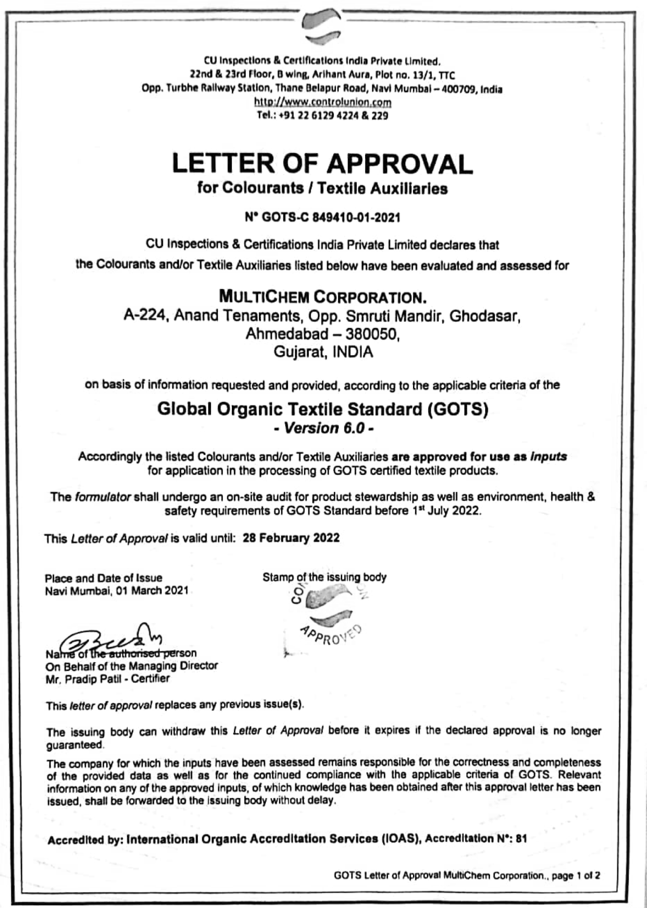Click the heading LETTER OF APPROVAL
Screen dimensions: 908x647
tap(322, 163)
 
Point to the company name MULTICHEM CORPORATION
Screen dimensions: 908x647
tap(322, 297)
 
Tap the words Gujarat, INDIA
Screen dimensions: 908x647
tap(323, 353)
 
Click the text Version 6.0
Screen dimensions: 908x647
tap(323, 428)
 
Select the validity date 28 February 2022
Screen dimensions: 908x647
tap(291, 538)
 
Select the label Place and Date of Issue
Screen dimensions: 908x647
tap(104, 578)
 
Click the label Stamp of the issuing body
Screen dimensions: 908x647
tap(324, 577)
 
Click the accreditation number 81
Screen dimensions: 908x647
tap(520, 838)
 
